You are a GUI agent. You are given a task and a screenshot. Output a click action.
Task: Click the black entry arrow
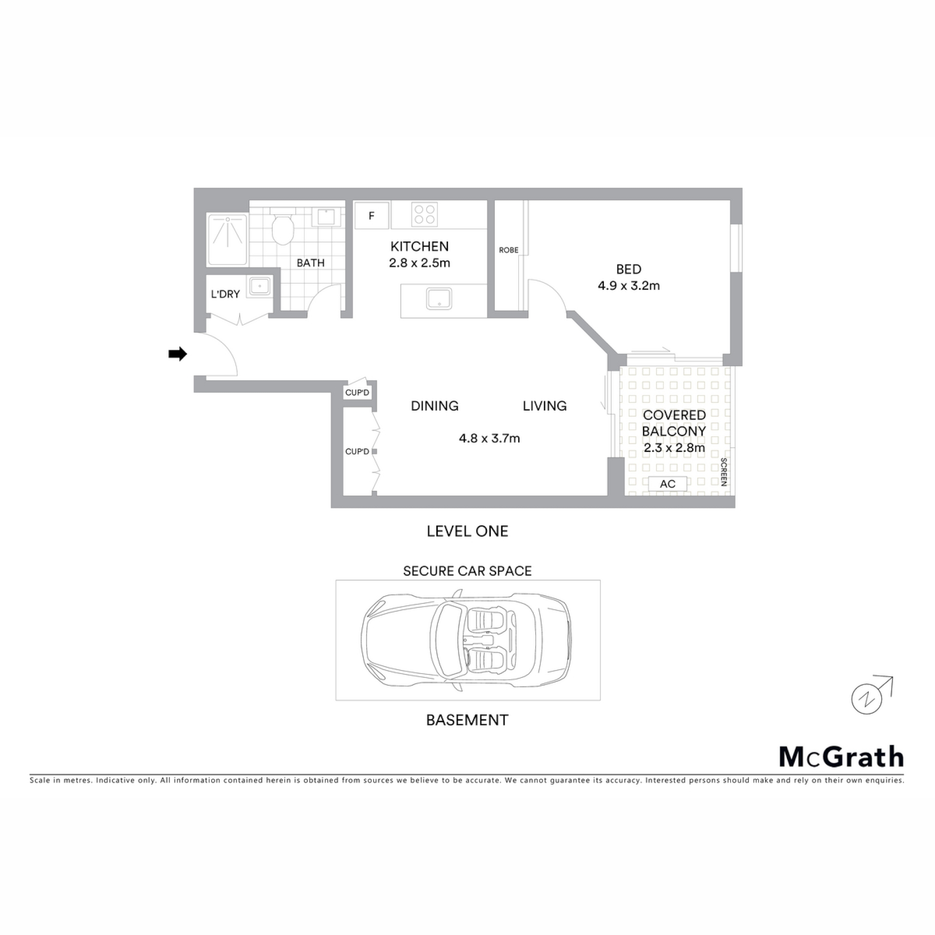[x=178, y=354]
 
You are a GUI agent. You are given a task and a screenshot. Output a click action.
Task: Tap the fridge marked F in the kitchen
[x=372, y=215]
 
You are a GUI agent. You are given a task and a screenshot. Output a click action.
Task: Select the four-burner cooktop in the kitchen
[x=424, y=215]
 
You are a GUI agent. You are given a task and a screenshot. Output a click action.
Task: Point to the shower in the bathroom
[x=227, y=239]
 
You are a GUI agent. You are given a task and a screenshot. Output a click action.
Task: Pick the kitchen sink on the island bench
[x=439, y=299]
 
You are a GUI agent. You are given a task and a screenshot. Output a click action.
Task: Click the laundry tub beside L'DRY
[x=260, y=286]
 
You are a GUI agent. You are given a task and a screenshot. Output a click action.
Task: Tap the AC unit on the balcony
[x=668, y=484]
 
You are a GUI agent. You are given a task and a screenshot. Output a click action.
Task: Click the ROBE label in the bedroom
[x=508, y=250]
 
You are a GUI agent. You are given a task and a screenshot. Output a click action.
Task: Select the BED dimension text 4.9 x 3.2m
[x=629, y=285]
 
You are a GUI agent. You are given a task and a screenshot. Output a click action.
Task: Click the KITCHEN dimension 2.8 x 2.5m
[x=419, y=263]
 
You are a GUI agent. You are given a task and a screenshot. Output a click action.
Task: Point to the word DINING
[x=435, y=406]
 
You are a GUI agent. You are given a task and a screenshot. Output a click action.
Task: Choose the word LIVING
[x=545, y=406]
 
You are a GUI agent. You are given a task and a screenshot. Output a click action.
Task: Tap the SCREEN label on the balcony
[x=724, y=472]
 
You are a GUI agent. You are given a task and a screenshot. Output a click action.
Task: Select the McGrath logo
[x=841, y=756]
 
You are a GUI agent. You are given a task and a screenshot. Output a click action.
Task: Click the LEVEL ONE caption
[x=467, y=531]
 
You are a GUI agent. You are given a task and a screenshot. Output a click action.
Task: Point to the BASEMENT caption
[x=467, y=720]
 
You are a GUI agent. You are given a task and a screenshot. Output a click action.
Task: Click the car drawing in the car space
[x=466, y=640]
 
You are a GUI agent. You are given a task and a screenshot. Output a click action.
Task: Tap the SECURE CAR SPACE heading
[x=467, y=571]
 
